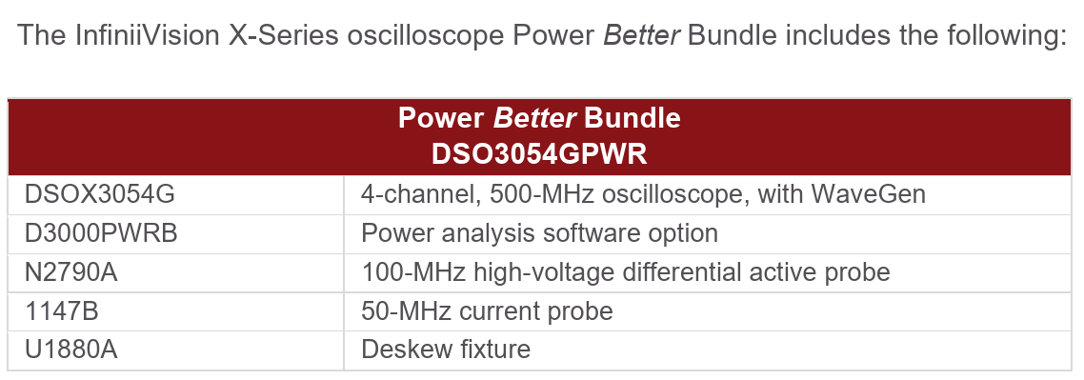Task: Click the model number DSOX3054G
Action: click(100, 194)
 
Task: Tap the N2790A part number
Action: click(70, 272)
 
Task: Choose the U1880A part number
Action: click(70, 350)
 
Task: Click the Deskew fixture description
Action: click(446, 350)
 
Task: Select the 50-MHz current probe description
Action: click(488, 310)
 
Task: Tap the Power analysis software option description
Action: click(540, 233)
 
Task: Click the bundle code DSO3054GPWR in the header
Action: click(539, 155)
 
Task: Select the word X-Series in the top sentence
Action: click(284, 35)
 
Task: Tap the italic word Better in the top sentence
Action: click(642, 35)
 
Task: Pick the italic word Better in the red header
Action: click(534, 119)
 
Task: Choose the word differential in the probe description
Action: click(675, 272)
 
